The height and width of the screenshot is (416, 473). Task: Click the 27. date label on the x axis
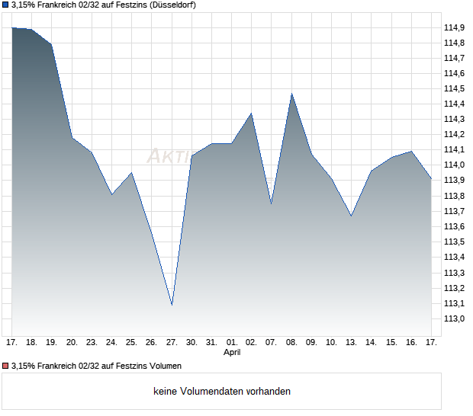172,343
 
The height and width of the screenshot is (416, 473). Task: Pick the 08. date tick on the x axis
291,343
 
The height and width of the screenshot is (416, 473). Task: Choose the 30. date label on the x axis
191,343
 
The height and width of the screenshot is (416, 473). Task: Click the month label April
232,353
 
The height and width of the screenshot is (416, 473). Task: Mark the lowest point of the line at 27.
172,305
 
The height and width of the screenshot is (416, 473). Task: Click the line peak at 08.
291,94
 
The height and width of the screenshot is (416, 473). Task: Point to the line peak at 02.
252,114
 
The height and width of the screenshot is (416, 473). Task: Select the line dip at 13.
351,216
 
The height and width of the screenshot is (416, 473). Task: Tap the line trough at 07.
271,203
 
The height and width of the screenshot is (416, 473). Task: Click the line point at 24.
112,194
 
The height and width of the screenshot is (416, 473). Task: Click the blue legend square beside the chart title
5,5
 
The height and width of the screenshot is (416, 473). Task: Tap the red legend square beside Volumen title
5,366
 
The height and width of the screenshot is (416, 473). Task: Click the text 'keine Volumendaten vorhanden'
222,392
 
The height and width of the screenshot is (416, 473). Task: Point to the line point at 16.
411,151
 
